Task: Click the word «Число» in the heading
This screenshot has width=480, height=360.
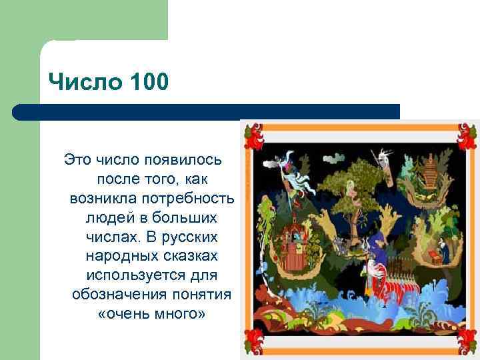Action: pos(75,84)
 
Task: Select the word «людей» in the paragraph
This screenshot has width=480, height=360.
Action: pos(107,217)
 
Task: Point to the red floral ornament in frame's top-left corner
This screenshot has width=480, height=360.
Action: pos(254,135)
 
